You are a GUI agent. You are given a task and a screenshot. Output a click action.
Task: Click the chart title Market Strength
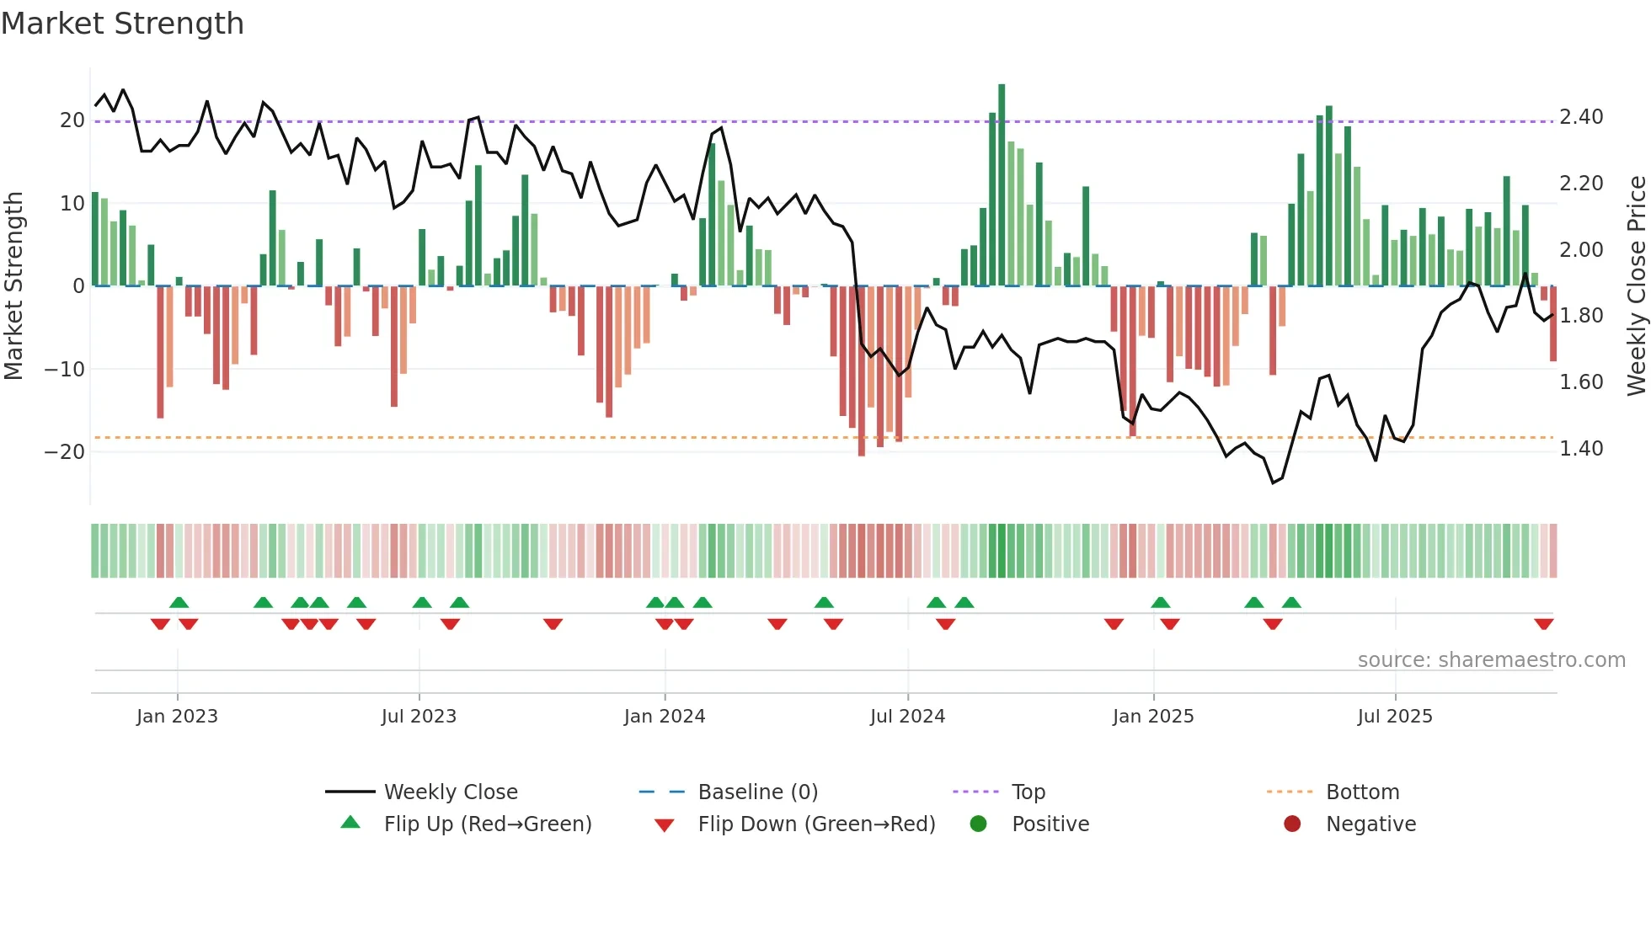point(122,24)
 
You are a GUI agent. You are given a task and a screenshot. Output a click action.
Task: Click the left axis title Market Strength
point(13,285)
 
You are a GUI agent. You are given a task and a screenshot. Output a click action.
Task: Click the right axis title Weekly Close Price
point(1636,285)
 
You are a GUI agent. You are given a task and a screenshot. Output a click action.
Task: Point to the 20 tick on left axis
point(72,120)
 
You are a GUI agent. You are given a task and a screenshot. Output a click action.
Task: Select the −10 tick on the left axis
point(65,369)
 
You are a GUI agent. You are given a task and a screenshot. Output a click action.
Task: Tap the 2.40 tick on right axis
point(1581,117)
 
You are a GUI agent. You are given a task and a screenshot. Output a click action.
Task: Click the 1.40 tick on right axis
point(1581,449)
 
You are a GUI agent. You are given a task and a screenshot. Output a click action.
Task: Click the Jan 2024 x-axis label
point(665,717)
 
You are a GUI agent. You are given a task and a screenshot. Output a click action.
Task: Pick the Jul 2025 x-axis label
point(1395,717)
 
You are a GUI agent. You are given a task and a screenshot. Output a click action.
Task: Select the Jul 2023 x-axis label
point(419,717)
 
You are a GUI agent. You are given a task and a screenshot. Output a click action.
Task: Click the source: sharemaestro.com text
point(1491,660)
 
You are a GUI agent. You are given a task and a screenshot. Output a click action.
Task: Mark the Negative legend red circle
point(1292,824)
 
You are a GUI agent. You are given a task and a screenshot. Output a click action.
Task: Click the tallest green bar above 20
point(1002,185)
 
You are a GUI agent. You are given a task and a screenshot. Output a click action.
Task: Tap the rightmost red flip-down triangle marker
point(1544,624)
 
